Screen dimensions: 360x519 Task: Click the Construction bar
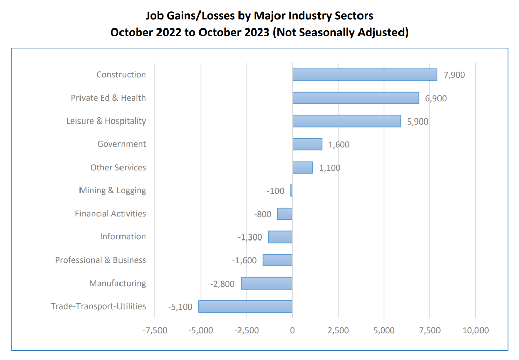click(x=365, y=75)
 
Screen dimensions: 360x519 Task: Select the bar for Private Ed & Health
click(x=355, y=98)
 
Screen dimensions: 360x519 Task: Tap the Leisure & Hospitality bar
click(x=346, y=121)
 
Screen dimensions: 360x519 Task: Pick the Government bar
click(x=307, y=144)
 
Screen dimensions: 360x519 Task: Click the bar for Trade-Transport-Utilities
click(x=246, y=306)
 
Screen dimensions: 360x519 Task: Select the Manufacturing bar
click(x=266, y=283)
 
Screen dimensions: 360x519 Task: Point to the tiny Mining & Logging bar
click(x=291, y=191)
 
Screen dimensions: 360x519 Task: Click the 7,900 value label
click(x=454, y=75)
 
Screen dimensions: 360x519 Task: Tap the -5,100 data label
click(x=180, y=307)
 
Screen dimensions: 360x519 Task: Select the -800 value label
click(x=262, y=214)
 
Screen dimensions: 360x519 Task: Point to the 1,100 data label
click(x=330, y=168)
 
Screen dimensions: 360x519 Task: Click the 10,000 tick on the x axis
click(x=475, y=330)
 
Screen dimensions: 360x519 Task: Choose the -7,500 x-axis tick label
click(x=155, y=330)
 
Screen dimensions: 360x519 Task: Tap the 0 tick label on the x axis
click(x=292, y=330)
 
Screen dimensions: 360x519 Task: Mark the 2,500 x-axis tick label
click(x=338, y=330)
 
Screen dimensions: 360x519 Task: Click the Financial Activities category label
click(x=110, y=214)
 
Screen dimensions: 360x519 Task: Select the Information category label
click(x=123, y=237)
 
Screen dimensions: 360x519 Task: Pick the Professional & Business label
click(x=100, y=260)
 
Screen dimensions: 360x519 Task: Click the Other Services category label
click(x=118, y=168)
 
